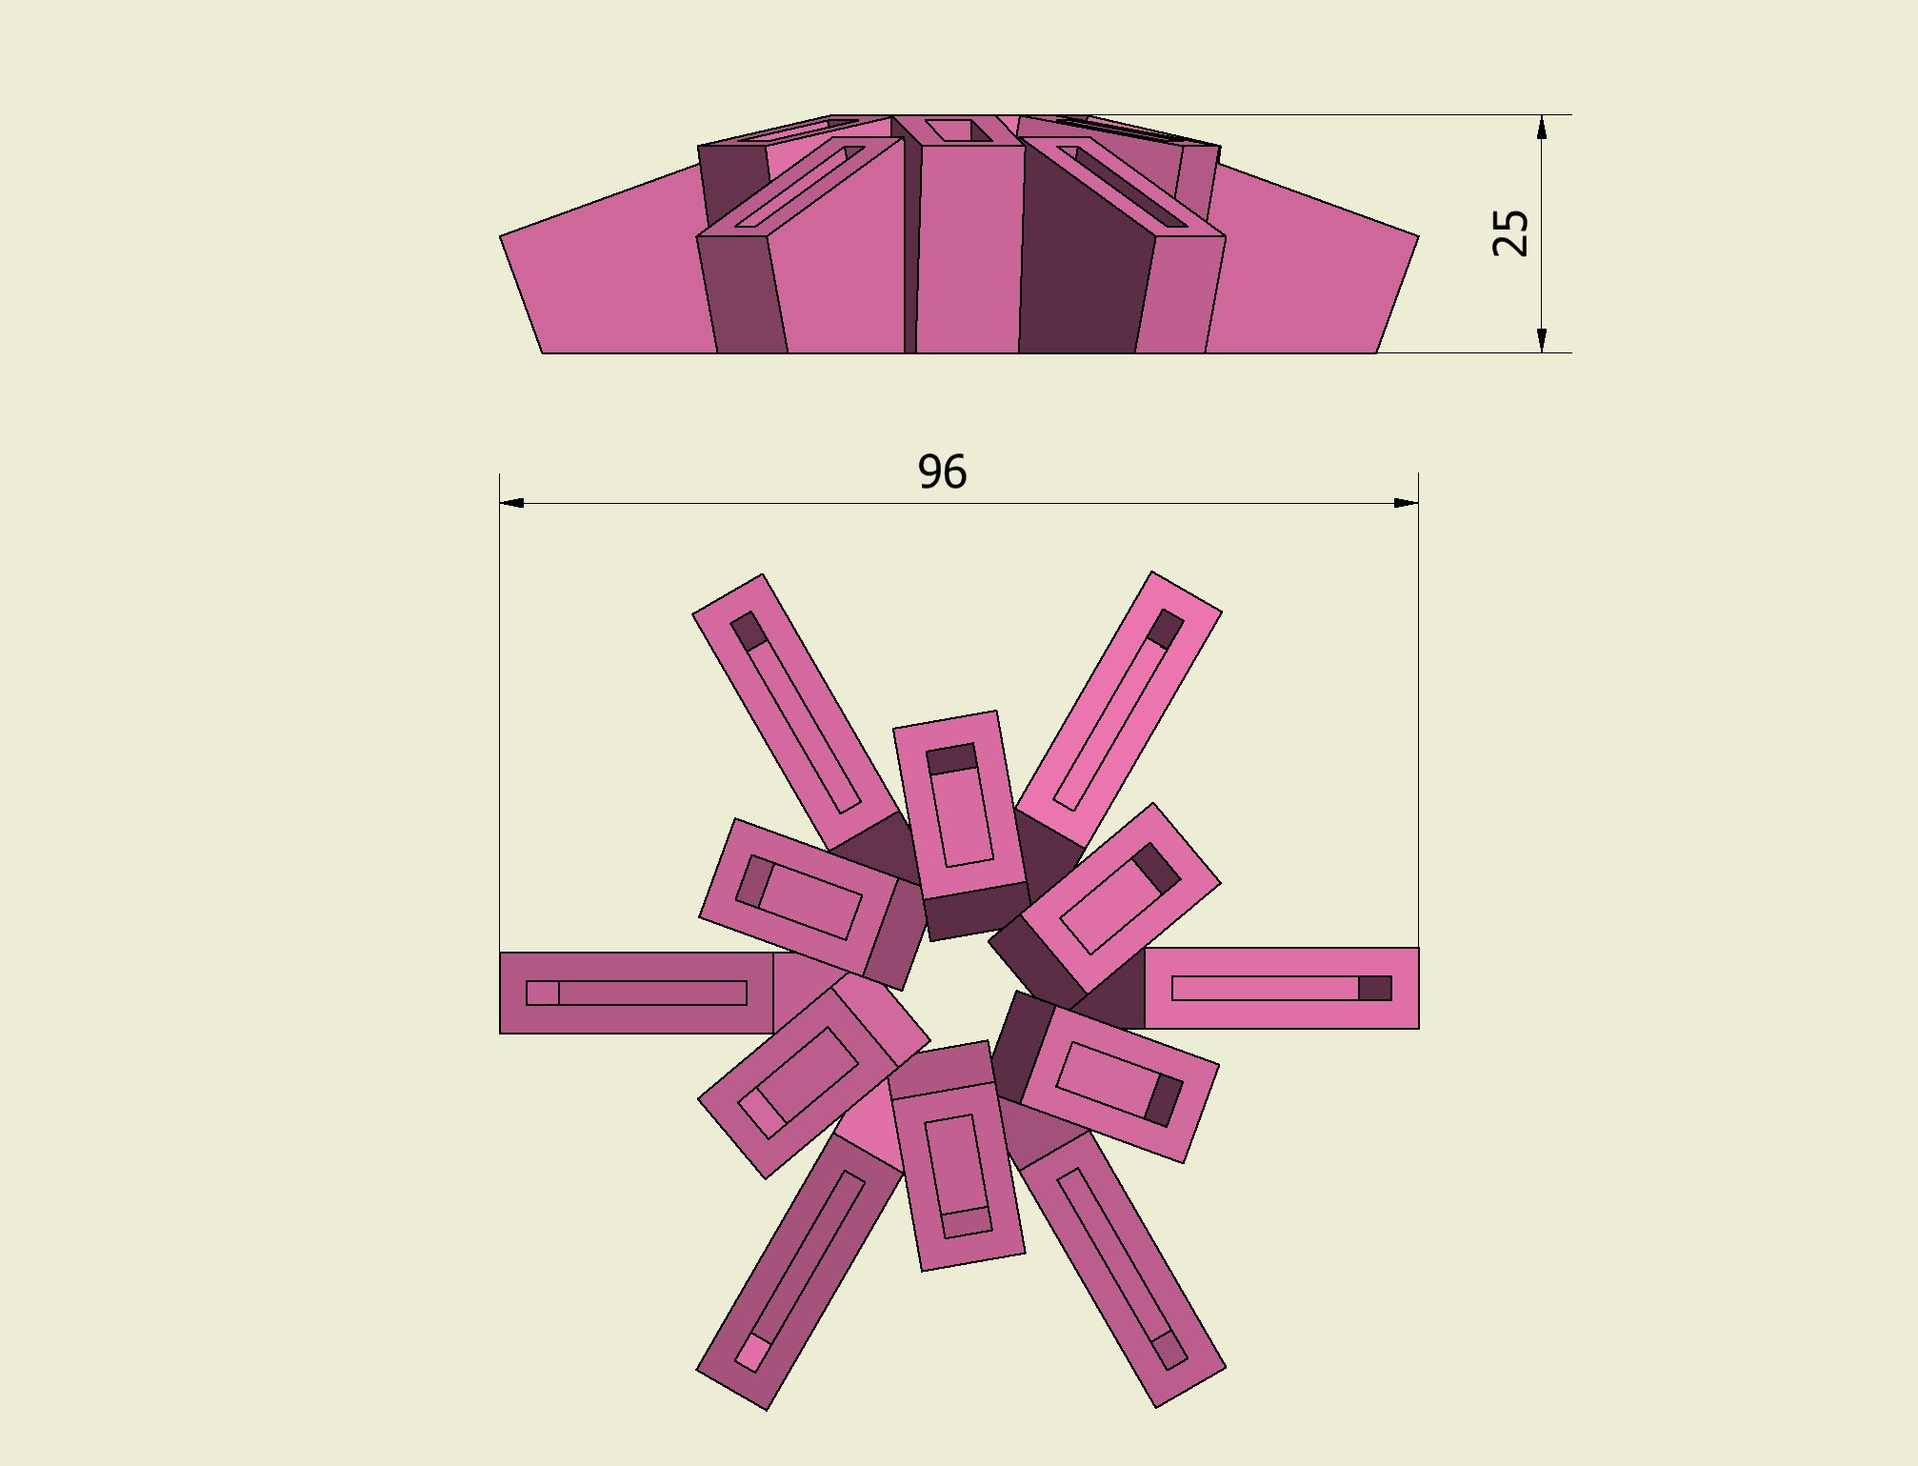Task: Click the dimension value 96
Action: (x=942, y=472)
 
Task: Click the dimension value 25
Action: (x=1510, y=233)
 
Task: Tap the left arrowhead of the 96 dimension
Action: (x=511, y=503)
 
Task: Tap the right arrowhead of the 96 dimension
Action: (x=1407, y=503)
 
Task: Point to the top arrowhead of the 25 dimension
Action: (x=1542, y=127)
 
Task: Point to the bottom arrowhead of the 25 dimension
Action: (x=1542, y=340)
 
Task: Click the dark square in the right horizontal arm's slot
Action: (x=1375, y=988)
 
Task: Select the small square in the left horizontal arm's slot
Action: (x=543, y=993)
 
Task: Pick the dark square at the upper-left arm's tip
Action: (x=749, y=631)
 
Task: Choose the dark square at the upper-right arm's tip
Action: (x=1166, y=629)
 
